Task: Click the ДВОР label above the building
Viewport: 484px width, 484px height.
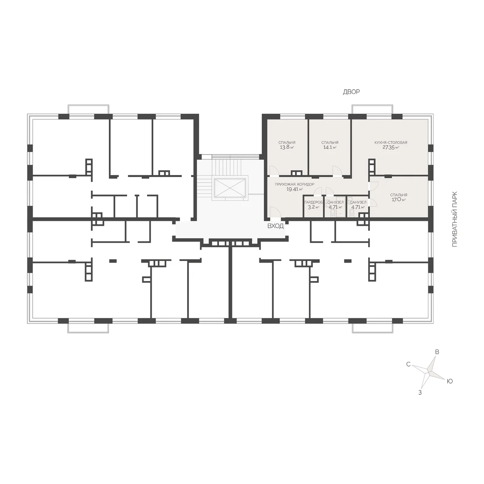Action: (351, 92)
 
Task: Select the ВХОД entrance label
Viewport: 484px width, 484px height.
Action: (275, 226)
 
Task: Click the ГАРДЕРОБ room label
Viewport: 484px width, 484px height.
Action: (313, 202)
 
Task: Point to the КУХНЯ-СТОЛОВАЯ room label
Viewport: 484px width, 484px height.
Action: (391, 142)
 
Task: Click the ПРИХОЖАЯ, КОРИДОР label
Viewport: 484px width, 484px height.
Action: (294, 184)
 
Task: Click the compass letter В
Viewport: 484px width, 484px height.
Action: (437, 352)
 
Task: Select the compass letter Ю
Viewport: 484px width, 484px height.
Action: (450, 381)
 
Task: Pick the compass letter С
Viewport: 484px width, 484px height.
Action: (409, 364)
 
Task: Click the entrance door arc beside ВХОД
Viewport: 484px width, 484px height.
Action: (275, 211)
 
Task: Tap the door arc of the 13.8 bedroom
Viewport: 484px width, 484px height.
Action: (274, 170)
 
